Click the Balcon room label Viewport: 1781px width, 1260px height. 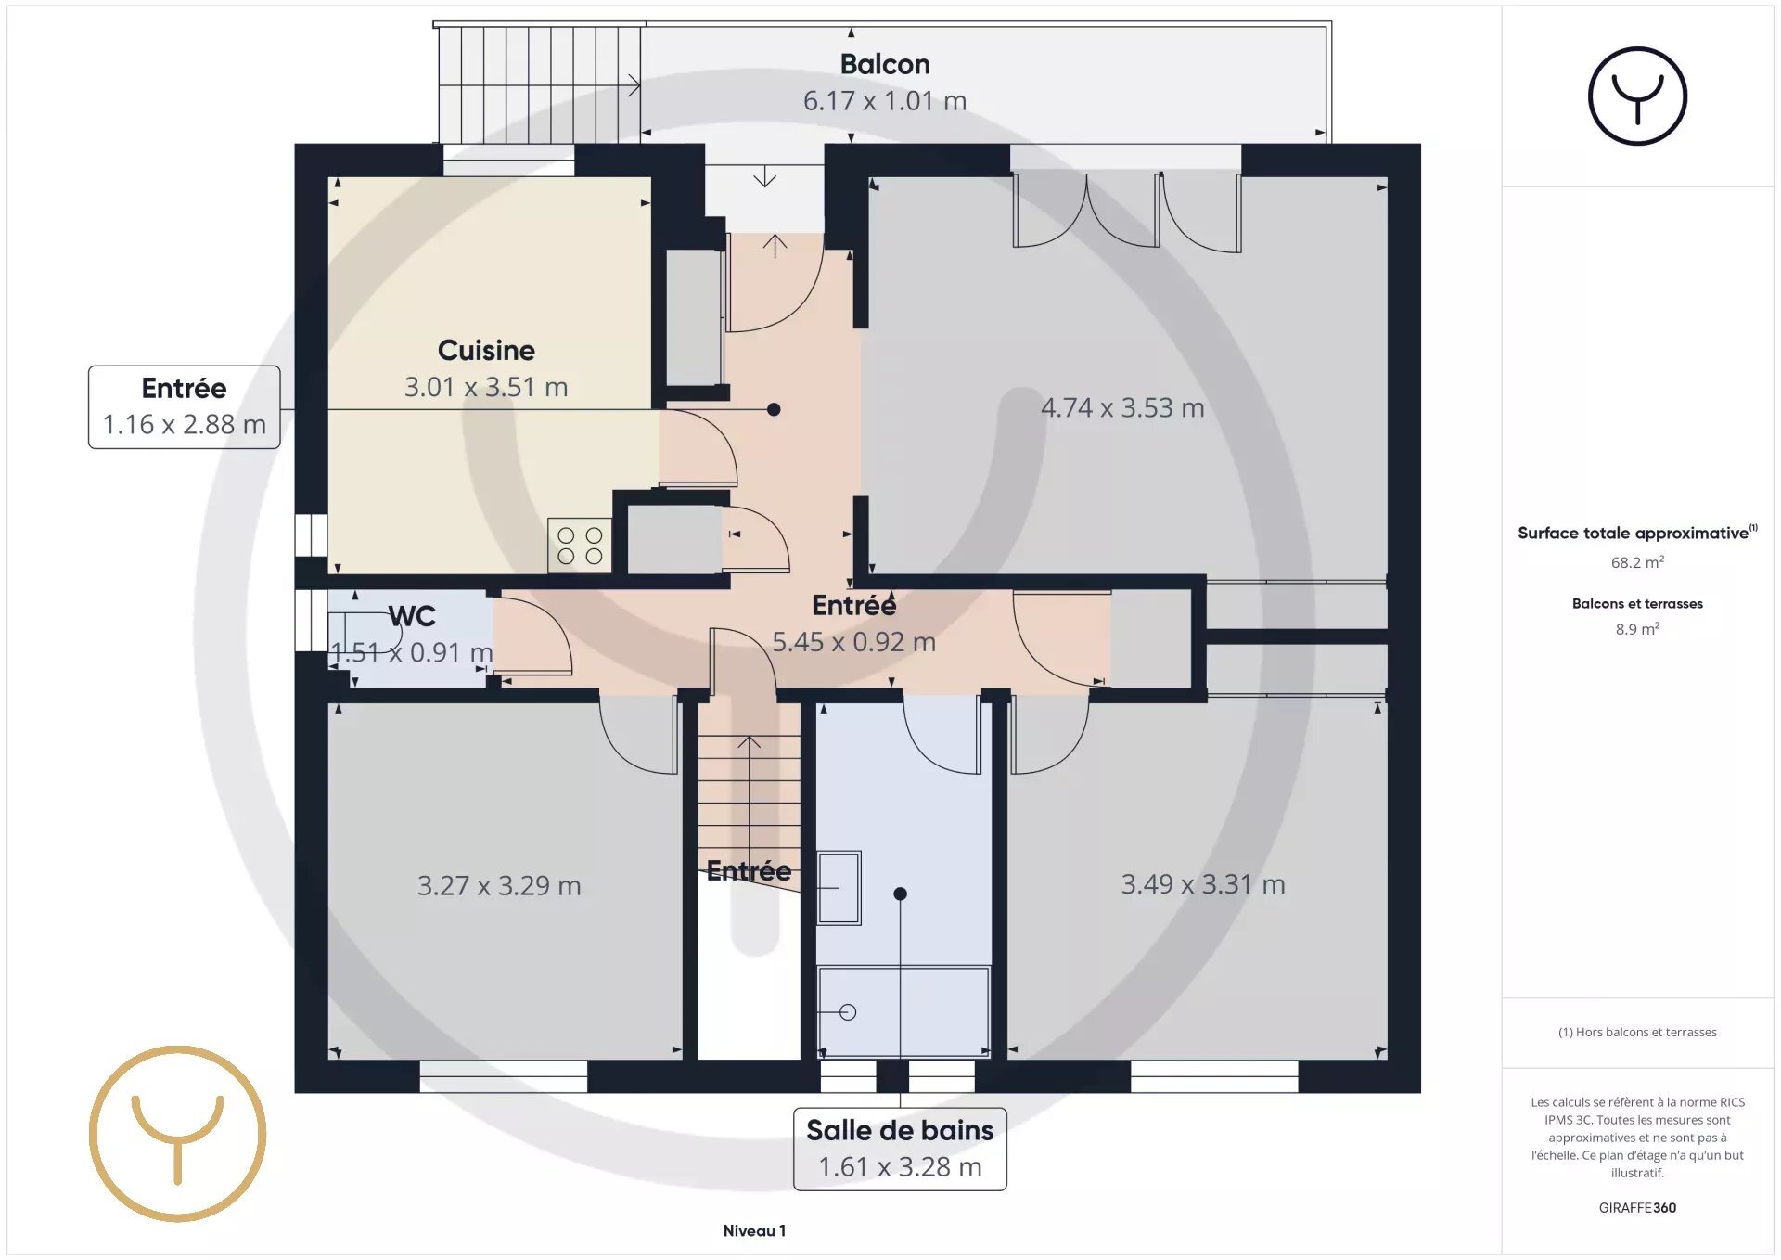coord(885,64)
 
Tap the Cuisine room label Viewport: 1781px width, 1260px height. coord(486,350)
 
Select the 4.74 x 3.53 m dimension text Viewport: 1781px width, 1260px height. coord(1122,407)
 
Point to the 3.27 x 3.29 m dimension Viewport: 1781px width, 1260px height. coord(499,885)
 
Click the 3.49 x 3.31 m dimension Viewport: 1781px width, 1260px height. coord(1203,883)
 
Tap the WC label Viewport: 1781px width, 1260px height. coord(412,616)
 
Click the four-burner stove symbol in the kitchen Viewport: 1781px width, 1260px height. coord(580,546)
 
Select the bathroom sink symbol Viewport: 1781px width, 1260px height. coord(839,888)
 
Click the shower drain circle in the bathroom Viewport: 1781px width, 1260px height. coord(848,1012)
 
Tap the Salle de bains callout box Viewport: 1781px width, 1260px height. coord(900,1149)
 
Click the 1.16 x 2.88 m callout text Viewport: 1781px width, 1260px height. coord(184,424)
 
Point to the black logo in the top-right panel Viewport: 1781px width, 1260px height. coord(1637,96)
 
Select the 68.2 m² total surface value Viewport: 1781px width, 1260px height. coord(1637,562)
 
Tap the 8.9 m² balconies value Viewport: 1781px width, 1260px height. coord(1637,629)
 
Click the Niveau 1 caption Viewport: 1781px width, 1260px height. coord(754,1230)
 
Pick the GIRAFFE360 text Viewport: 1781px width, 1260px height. coord(1637,1207)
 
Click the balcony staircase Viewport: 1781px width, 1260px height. coord(539,84)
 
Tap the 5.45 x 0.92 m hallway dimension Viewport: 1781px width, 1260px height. coord(853,641)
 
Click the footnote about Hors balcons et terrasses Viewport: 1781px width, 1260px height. coord(1637,1032)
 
